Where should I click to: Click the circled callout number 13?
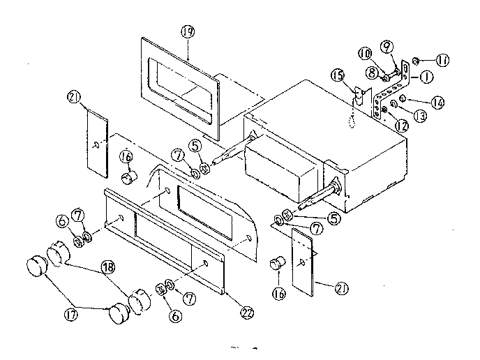click(419, 117)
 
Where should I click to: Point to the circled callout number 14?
click(437, 103)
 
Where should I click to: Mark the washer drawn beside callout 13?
click(394, 105)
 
